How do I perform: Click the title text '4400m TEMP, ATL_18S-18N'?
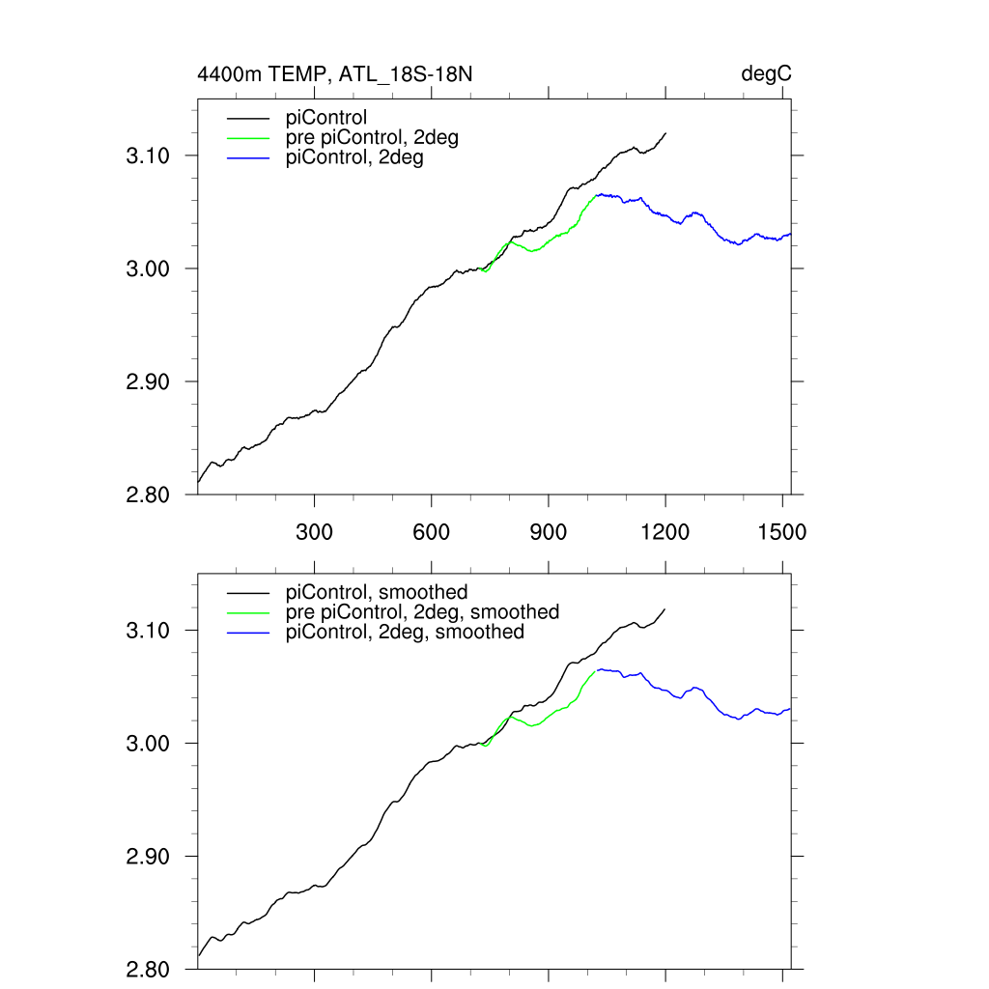[334, 74]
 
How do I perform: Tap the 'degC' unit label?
[767, 74]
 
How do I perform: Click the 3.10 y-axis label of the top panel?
[149, 155]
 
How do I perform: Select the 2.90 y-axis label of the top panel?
[149, 381]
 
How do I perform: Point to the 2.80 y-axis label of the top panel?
[149, 494]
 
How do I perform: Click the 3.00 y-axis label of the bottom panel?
[149, 744]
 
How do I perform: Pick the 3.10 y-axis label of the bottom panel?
[149, 631]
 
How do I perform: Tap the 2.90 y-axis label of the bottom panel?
[149, 857]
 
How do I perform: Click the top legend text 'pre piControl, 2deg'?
[372, 138]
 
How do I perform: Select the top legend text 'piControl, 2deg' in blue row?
[354, 158]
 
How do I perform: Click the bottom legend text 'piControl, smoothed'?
[377, 592]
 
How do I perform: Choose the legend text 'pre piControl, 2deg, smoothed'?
[422, 612]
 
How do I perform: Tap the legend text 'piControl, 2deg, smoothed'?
[405, 633]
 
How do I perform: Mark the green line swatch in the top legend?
[247, 138]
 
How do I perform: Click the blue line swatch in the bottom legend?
[247, 633]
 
